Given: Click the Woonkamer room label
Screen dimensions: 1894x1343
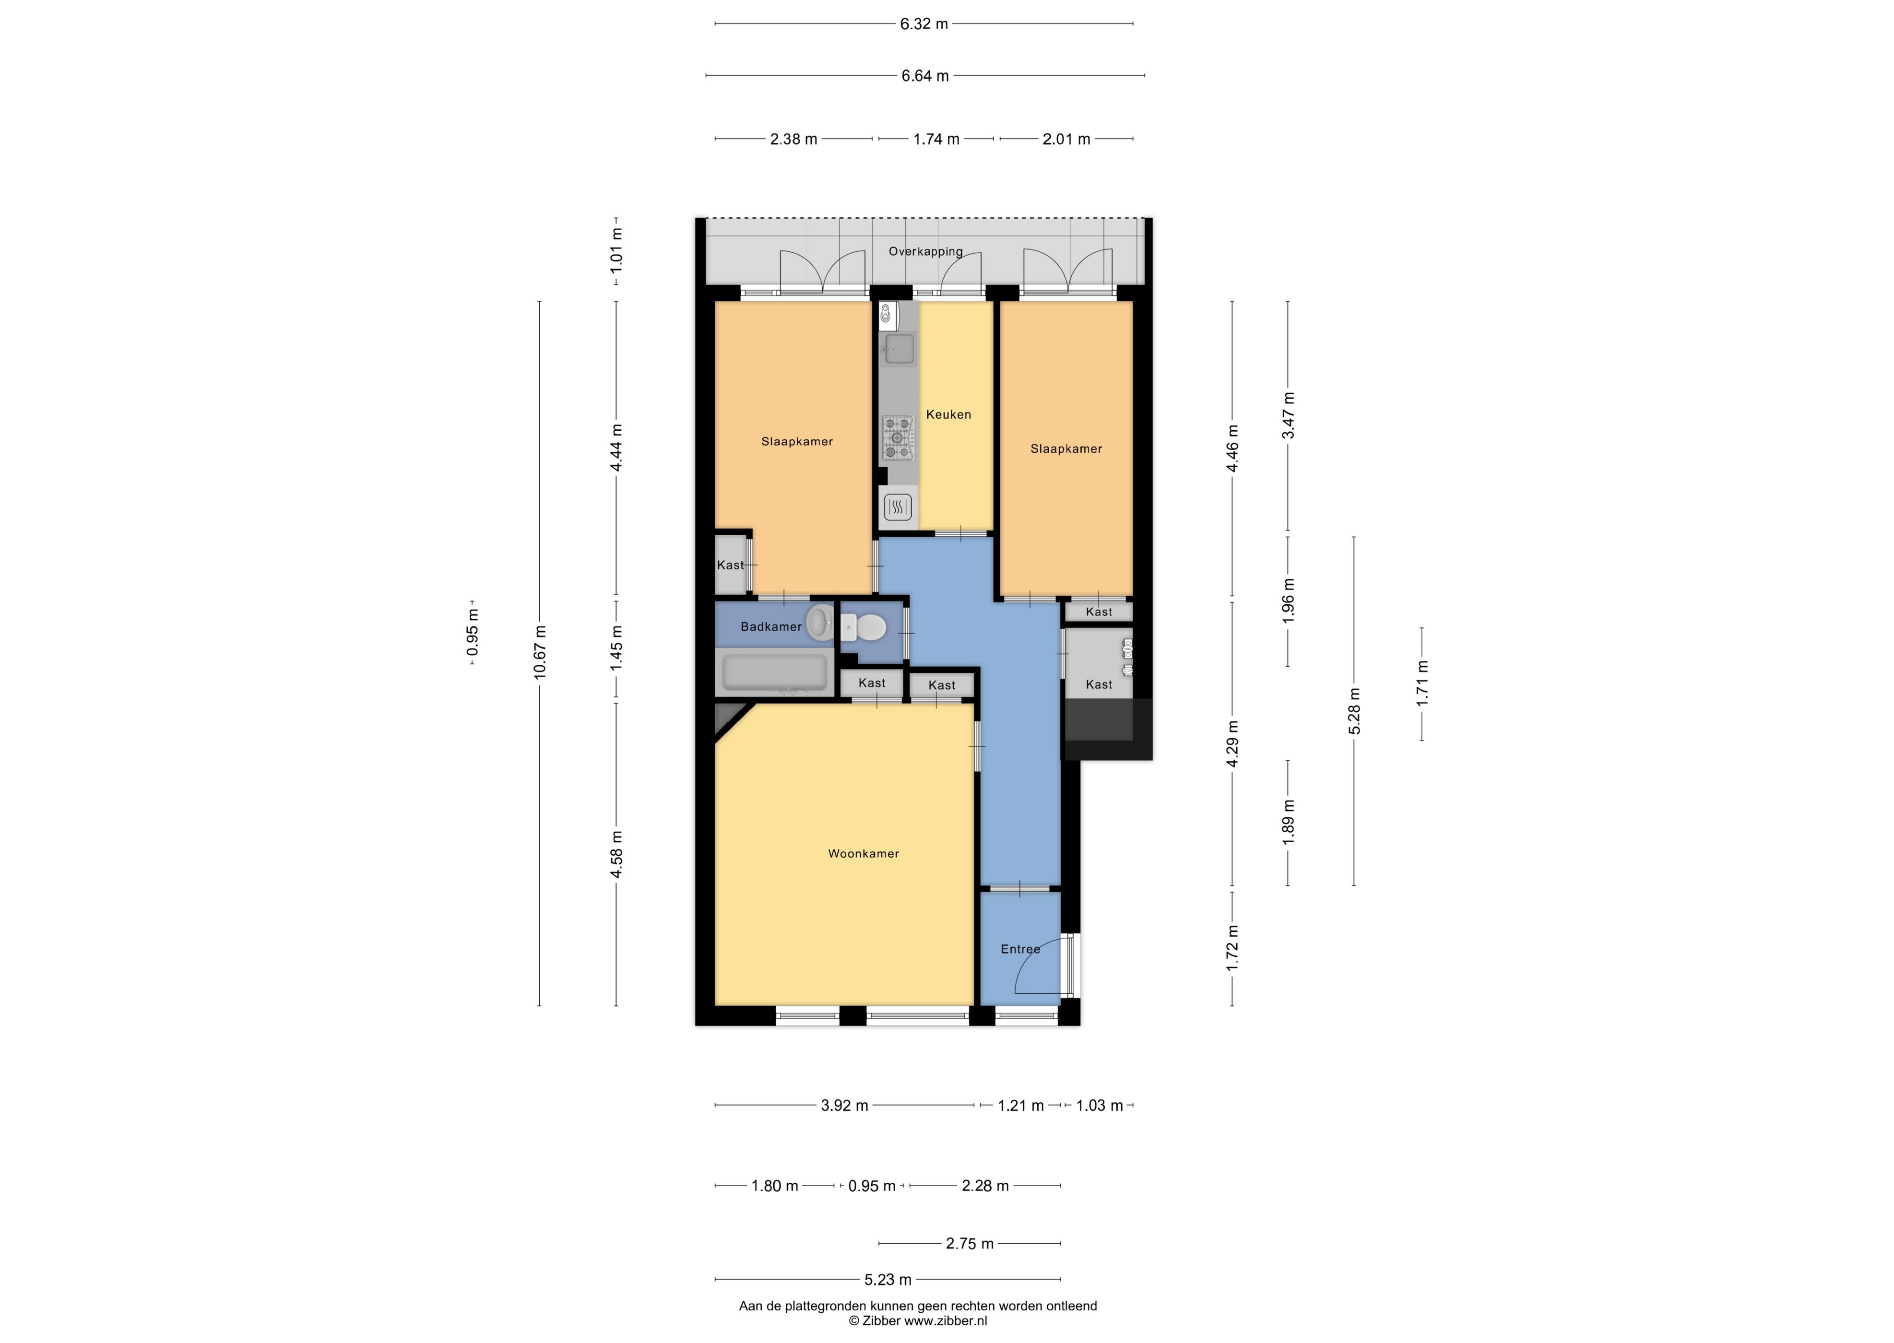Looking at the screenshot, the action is [864, 853].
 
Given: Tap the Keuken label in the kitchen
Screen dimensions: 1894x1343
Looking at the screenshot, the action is [948, 414].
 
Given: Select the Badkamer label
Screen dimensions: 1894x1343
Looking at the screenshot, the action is [771, 627].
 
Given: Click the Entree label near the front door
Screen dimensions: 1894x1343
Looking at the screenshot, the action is [1020, 949].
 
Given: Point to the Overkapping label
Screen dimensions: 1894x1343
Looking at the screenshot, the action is [925, 251].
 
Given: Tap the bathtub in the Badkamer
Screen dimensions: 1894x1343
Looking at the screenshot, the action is [774, 672].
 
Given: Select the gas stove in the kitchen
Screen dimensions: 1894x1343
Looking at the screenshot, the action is [898, 438].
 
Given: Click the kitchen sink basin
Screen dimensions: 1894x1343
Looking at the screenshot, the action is [899, 349].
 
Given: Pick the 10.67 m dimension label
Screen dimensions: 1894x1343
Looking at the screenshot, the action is [540, 653].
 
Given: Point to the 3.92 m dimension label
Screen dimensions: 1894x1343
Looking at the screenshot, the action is [844, 1106].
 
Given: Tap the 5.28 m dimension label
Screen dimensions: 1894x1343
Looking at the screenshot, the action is [1354, 711].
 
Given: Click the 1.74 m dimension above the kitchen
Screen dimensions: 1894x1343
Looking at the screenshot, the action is [936, 139].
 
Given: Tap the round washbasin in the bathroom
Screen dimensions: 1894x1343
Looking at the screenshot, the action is [820, 622].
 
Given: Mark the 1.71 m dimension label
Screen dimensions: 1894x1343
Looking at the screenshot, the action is [1422, 683].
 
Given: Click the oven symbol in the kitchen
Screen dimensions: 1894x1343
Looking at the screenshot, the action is [898, 506].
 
